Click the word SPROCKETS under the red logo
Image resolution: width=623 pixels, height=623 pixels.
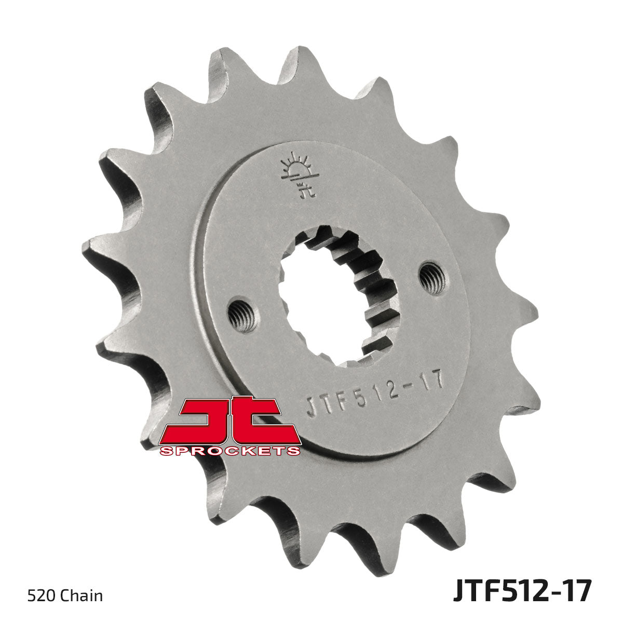click(231, 451)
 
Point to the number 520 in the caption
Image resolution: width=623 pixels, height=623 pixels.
click(37, 595)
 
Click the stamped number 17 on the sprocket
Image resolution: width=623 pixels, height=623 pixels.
click(432, 382)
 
